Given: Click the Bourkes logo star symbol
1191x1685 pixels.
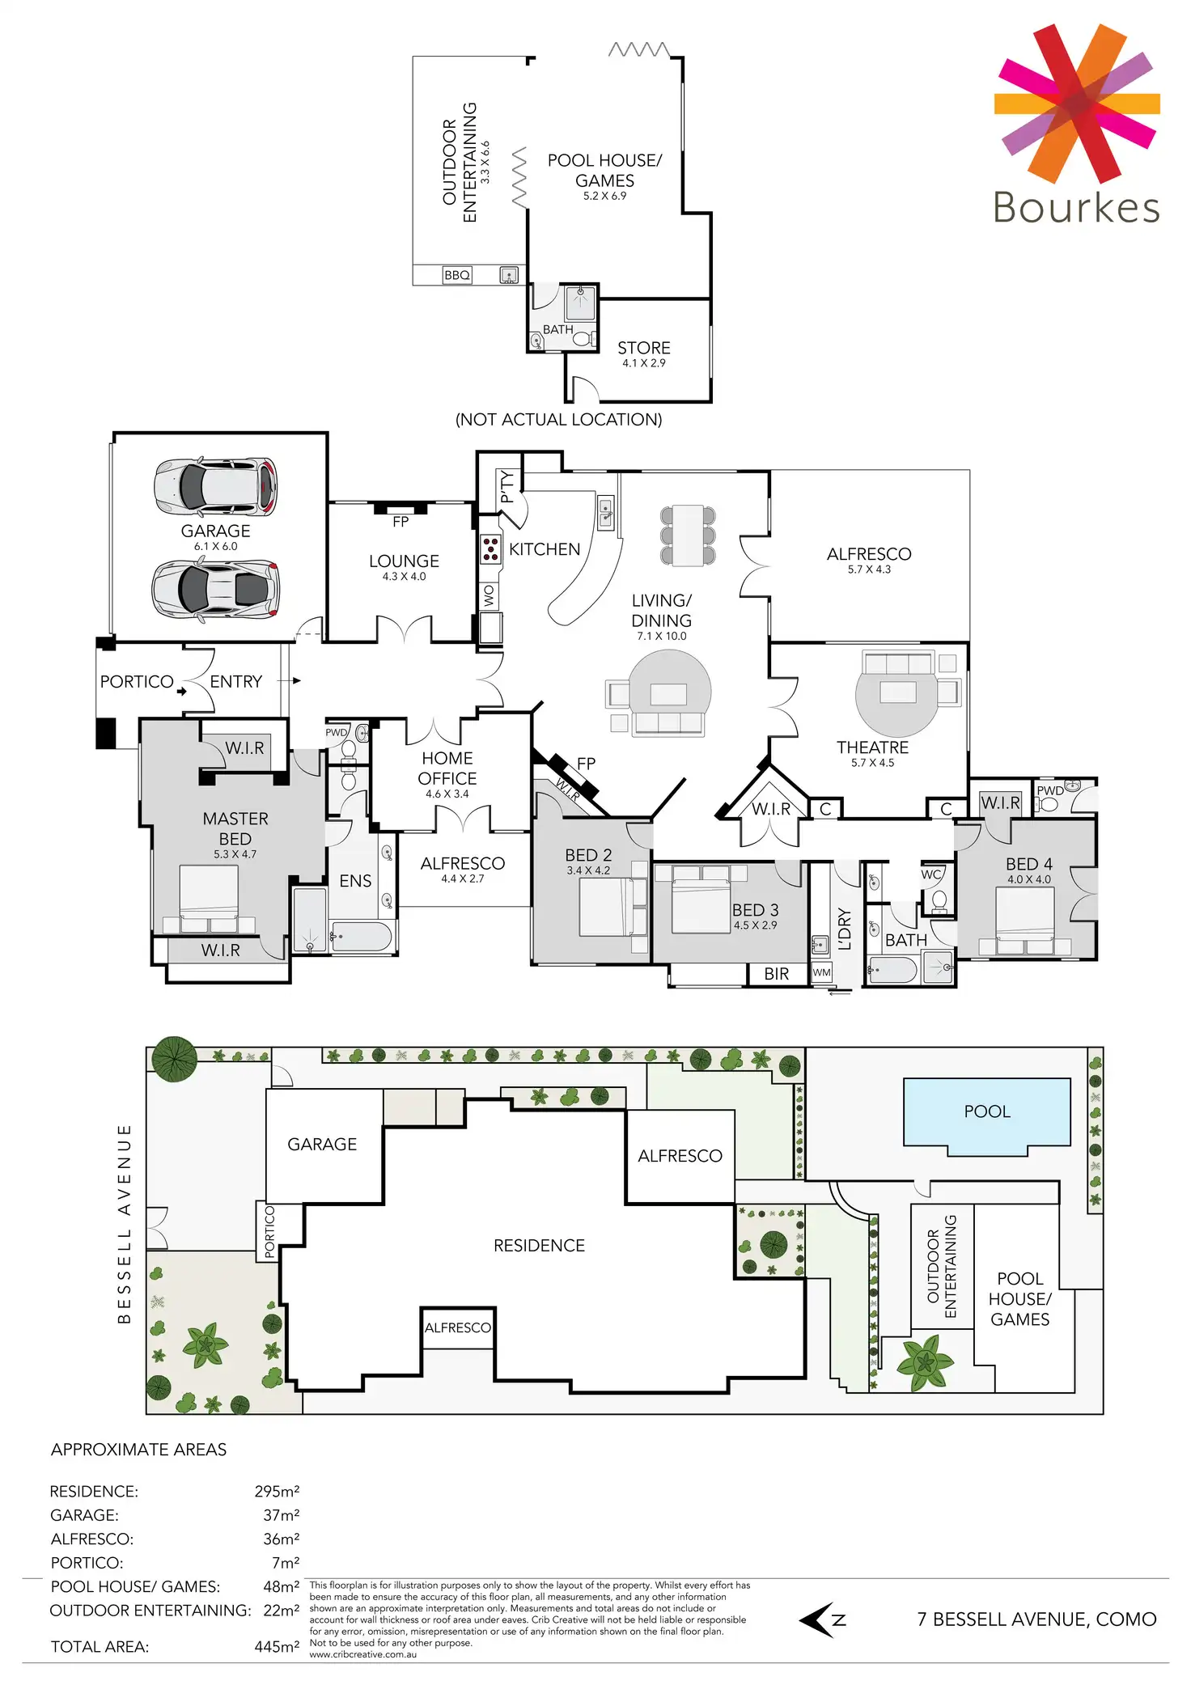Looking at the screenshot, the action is pyautogui.click(x=1076, y=103).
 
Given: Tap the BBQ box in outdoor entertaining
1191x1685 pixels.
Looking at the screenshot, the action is pyautogui.click(x=457, y=275).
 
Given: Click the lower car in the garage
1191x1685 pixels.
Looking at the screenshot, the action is pyautogui.click(x=216, y=589).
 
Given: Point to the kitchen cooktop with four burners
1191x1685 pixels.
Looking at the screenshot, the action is pyautogui.click(x=490, y=549).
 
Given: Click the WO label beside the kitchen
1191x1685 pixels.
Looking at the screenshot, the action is pyautogui.click(x=489, y=596).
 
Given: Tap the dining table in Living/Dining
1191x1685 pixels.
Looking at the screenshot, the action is pyautogui.click(x=688, y=535).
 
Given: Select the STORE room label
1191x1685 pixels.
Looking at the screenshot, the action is pyautogui.click(x=644, y=348).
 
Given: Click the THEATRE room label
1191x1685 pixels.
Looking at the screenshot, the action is pyautogui.click(x=872, y=747).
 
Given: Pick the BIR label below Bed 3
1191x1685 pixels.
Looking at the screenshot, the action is pyautogui.click(x=777, y=974).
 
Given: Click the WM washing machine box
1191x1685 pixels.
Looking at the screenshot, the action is pyautogui.click(x=821, y=972).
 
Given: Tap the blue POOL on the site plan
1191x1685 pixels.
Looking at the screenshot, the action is pyautogui.click(x=987, y=1111).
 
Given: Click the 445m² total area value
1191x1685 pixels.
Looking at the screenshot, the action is pyautogui.click(x=277, y=1646).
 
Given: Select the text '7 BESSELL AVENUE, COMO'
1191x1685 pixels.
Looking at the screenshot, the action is pyautogui.click(x=1036, y=1619).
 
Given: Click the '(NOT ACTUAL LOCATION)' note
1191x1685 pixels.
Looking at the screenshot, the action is pyautogui.click(x=558, y=419).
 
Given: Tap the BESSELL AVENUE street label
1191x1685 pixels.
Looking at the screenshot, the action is pyautogui.click(x=124, y=1223).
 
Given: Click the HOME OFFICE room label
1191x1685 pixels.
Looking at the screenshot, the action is pyautogui.click(x=447, y=768).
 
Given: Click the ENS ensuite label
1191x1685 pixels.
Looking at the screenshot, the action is pyautogui.click(x=355, y=881).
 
